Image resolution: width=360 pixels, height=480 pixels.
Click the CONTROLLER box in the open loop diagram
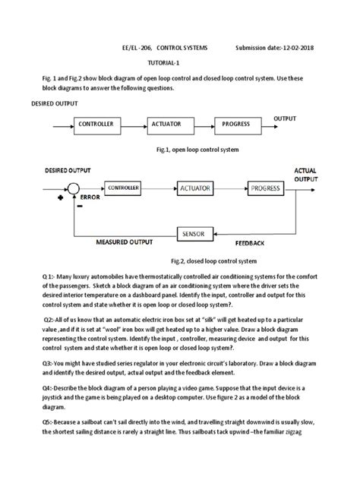click(x=96, y=124)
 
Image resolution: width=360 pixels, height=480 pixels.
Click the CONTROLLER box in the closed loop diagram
click(x=123, y=187)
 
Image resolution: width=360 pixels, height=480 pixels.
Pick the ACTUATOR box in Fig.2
click(x=195, y=188)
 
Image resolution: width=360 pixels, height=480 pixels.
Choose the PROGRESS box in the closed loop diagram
click(x=266, y=188)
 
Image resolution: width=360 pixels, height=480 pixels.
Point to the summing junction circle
click(x=75, y=188)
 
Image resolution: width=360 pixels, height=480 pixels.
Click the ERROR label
click(x=90, y=198)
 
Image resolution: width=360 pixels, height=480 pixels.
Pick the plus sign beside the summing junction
click(x=60, y=196)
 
